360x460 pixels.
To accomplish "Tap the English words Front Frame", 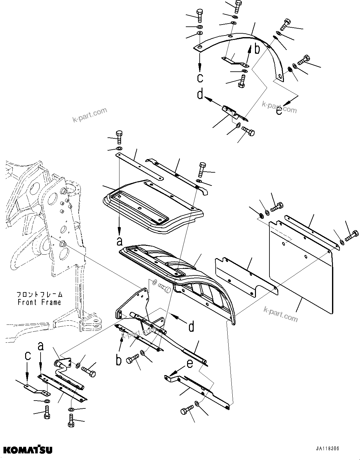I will pyautogui.click(x=39, y=302).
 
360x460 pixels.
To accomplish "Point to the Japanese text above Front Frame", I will pyautogui.click(x=39, y=295).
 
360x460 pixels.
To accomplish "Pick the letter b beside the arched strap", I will pyautogui.click(x=257, y=49).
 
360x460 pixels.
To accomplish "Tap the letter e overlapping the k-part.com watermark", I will pyautogui.click(x=279, y=111).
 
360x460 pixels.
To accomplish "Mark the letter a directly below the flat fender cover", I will pyautogui.click(x=119, y=241).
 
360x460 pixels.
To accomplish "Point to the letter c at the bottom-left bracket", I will pyautogui.click(x=28, y=356).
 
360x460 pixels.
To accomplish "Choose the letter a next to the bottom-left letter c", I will pyautogui.click(x=41, y=347).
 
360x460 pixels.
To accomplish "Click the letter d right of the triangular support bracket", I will pyautogui.click(x=191, y=327).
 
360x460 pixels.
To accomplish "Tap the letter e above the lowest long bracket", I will pyautogui.click(x=190, y=364).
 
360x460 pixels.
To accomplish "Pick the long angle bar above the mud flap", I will pyautogui.click(x=311, y=233).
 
